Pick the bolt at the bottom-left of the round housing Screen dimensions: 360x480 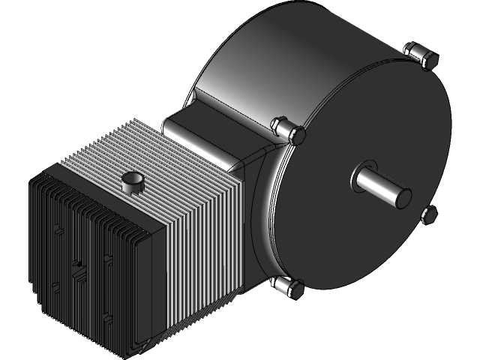click(286, 286)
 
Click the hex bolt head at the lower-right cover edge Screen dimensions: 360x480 click(429, 216)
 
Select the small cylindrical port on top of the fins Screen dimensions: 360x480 click(132, 182)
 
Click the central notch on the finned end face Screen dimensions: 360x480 click(76, 264)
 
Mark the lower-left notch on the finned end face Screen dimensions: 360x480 click(55, 285)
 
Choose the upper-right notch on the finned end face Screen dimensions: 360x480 click(107, 259)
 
